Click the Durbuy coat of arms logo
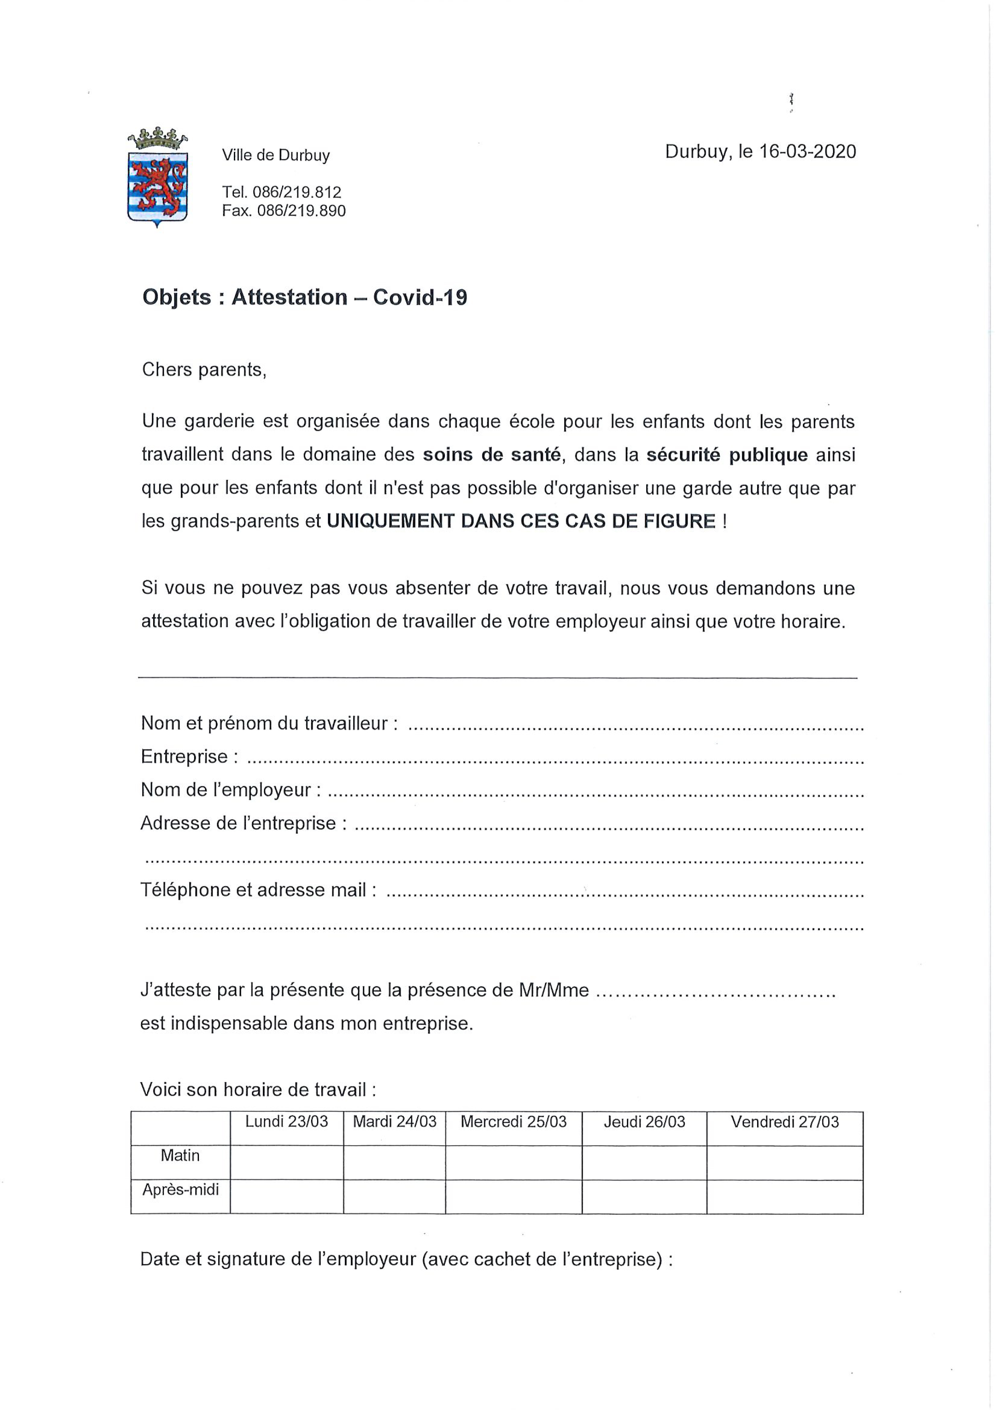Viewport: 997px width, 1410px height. pos(157,178)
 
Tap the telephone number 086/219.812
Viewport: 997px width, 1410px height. pos(297,192)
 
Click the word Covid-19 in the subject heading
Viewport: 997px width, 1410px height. pos(420,298)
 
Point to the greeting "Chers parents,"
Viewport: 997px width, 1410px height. pos(204,370)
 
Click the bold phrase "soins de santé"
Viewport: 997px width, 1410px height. pos(492,455)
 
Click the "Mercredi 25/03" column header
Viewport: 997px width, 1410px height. pos(514,1122)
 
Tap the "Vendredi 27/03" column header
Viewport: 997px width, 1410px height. pos(784,1122)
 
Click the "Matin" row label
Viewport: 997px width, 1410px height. pos(180,1156)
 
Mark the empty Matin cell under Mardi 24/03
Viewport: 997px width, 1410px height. pos(394,1162)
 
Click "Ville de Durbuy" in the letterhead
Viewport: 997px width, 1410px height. pos(276,156)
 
